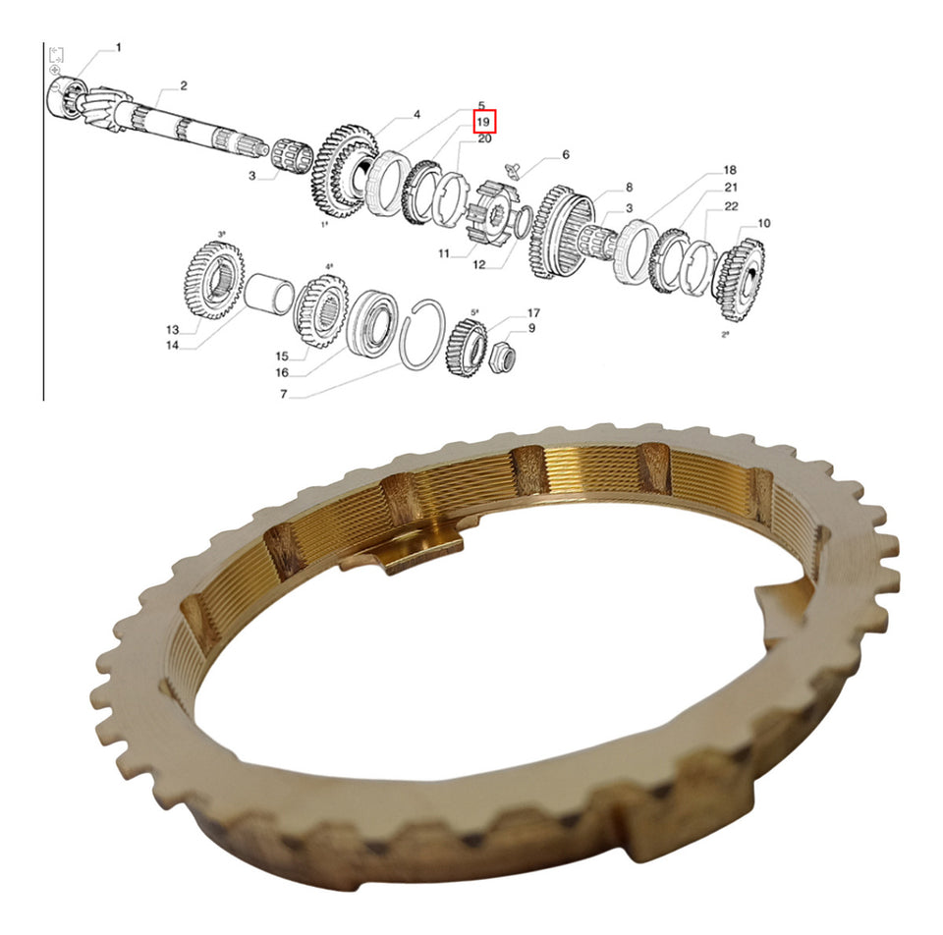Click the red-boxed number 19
click(x=483, y=122)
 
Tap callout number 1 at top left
click(x=119, y=47)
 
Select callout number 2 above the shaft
click(x=184, y=86)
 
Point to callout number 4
click(x=416, y=114)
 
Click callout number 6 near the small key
click(x=566, y=154)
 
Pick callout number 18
click(x=730, y=170)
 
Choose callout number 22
click(x=731, y=206)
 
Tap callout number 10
click(x=763, y=223)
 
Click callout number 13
click(x=173, y=329)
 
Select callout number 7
click(x=283, y=395)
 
